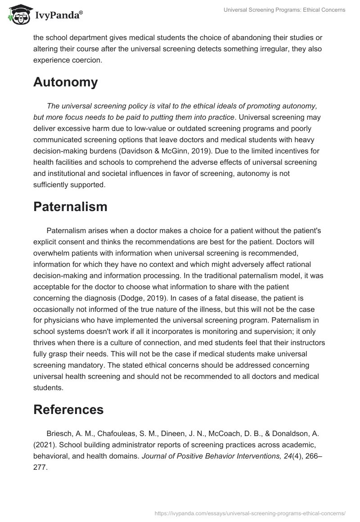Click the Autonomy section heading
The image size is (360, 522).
tap(65, 82)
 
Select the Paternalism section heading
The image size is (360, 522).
tap(70, 207)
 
